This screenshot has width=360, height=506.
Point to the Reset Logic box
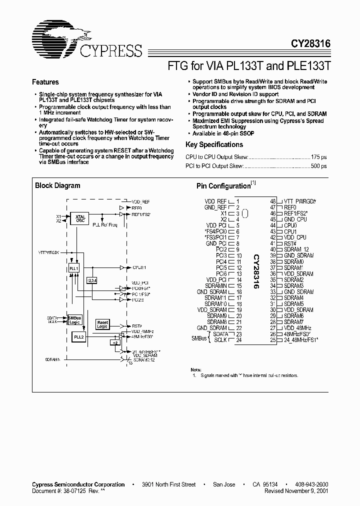coord(102,324)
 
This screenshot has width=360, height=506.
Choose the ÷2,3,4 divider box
coord(91,280)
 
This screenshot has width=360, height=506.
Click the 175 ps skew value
coord(318,157)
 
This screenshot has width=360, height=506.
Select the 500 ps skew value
coord(318,166)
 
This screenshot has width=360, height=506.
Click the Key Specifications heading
coord(214,144)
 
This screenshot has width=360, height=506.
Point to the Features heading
coord(45,82)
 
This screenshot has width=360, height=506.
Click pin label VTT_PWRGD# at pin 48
coord(300,201)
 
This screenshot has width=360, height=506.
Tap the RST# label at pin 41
coord(290,243)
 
